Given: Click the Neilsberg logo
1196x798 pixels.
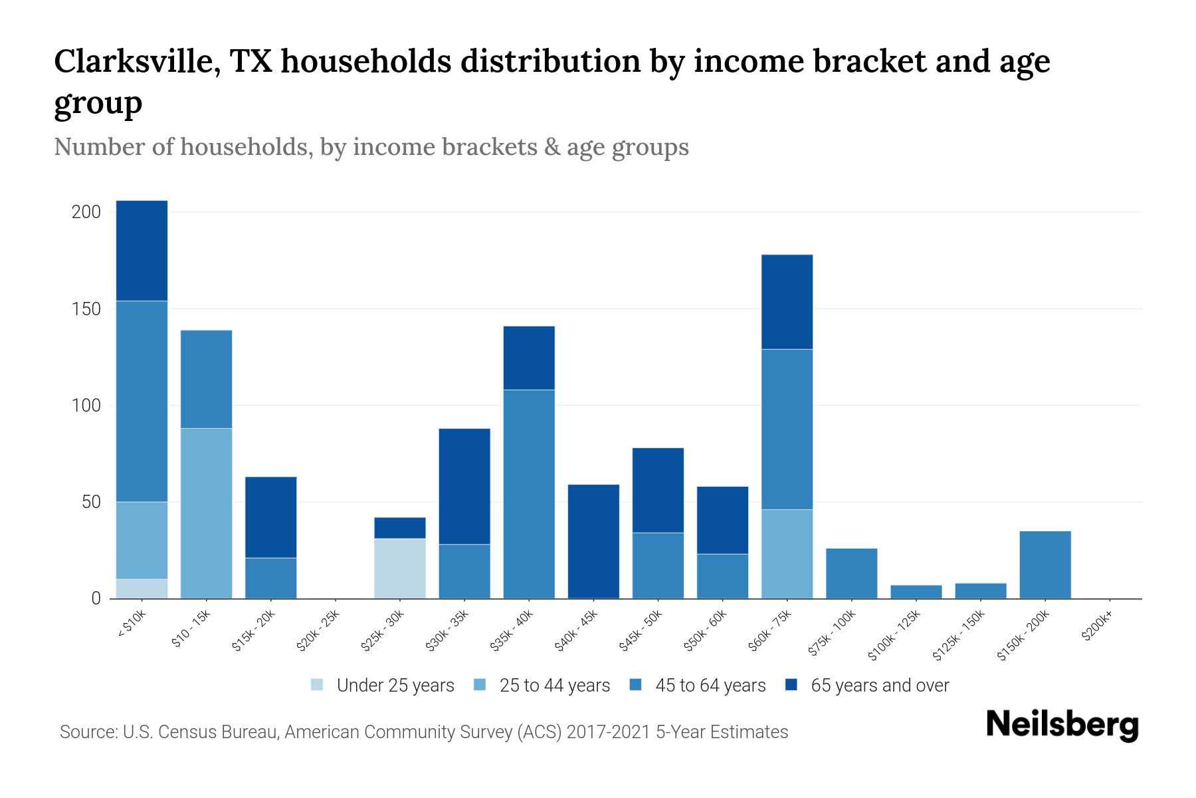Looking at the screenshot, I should (x=1062, y=725).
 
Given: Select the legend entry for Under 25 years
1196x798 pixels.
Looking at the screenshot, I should (x=383, y=686).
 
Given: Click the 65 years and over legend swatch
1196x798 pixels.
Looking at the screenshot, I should (x=791, y=685).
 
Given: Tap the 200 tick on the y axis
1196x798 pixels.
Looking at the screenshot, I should (x=86, y=212).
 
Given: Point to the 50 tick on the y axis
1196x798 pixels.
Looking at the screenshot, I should (x=91, y=502).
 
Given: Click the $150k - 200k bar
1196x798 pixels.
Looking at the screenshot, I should (x=1045, y=565).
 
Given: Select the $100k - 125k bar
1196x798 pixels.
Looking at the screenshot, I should (x=916, y=591).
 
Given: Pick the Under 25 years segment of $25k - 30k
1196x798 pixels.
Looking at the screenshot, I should (x=400, y=569).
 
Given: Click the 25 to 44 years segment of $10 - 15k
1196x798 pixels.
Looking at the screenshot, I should (x=206, y=513).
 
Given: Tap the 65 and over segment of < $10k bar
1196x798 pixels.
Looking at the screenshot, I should (x=142, y=251).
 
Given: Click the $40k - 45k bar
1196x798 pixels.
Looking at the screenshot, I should (x=593, y=541).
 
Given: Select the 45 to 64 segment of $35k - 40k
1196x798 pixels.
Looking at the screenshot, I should (x=529, y=493).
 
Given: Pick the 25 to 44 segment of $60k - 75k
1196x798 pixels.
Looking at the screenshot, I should (x=787, y=554).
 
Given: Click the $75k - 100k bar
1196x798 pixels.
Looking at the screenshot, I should (x=851, y=573).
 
